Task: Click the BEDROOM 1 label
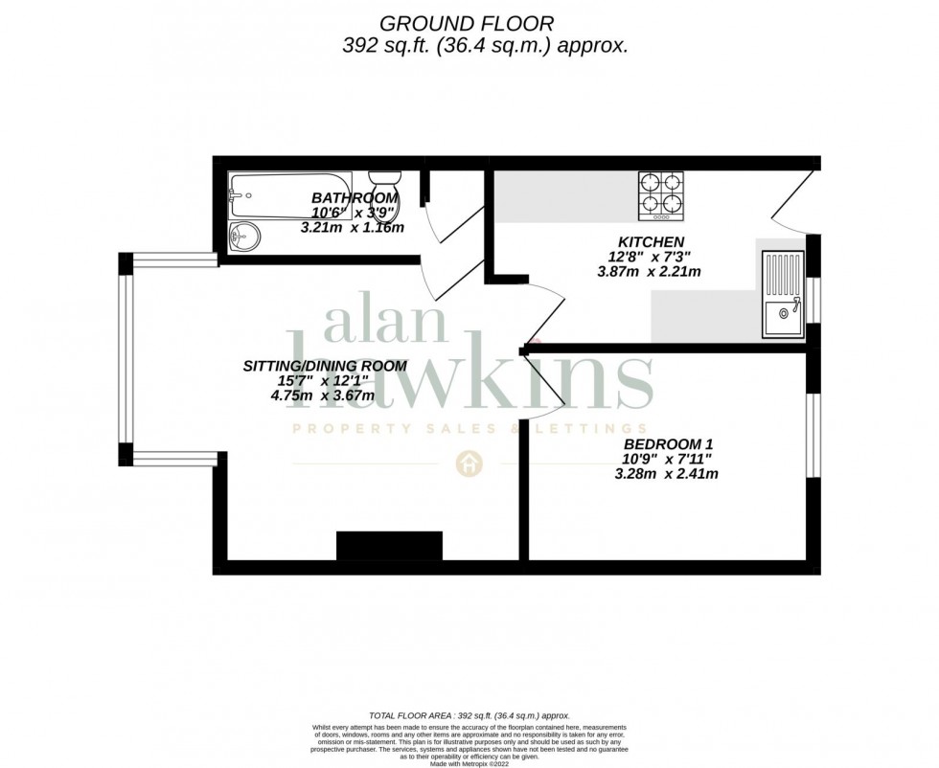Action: pos(668,444)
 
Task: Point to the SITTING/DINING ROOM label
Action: pos(325,366)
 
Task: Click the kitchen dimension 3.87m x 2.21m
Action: pos(649,272)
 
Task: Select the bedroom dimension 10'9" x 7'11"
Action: pos(668,459)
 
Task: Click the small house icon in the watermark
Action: pos(469,463)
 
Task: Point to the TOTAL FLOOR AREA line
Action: pos(469,715)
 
